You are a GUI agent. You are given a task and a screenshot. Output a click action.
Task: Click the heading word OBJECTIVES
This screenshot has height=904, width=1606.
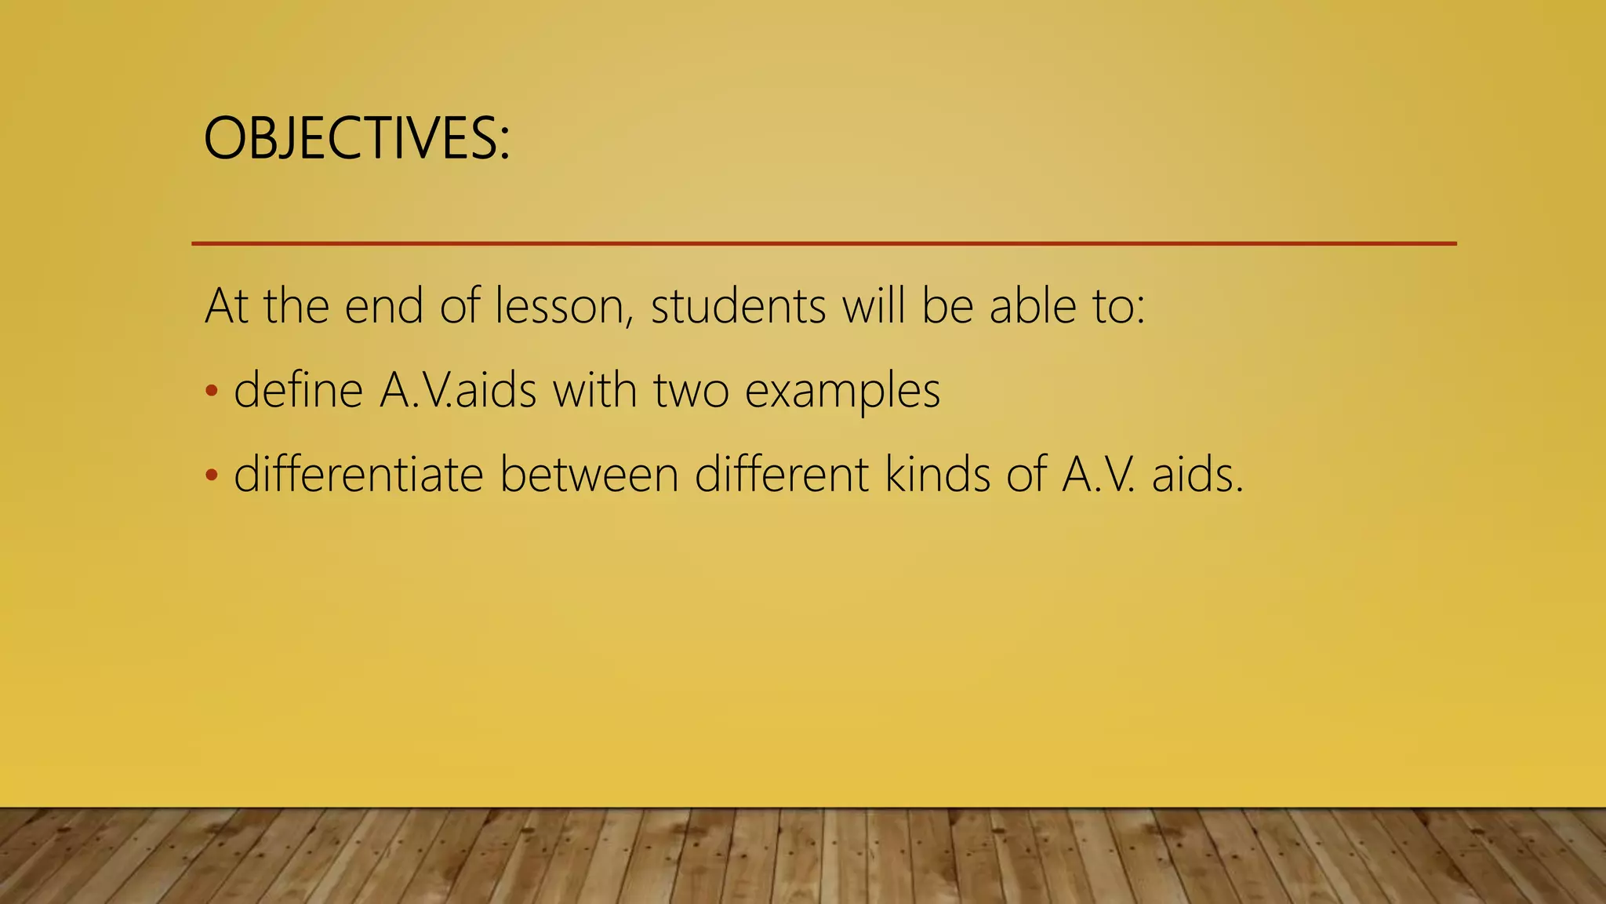tap(356, 139)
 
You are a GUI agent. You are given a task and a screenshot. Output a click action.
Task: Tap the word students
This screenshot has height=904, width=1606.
tap(738, 306)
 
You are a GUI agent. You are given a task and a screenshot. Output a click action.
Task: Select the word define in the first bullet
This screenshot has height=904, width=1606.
tap(299, 390)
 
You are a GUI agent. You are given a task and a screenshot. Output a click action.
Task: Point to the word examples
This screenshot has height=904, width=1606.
tap(842, 392)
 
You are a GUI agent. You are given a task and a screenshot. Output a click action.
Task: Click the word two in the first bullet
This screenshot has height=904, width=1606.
tap(691, 392)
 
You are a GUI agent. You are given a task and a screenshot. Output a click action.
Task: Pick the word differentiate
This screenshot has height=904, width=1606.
tap(358, 475)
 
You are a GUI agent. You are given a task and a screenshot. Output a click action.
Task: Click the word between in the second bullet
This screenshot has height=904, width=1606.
tap(589, 475)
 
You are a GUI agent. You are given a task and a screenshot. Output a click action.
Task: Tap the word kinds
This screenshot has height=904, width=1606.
tap(938, 475)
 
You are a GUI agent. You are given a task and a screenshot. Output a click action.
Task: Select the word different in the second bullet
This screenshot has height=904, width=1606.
tap(781, 475)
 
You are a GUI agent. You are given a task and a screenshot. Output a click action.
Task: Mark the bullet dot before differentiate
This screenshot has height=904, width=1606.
tap(210, 476)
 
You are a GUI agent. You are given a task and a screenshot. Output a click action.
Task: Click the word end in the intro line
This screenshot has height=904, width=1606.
tap(383, 306)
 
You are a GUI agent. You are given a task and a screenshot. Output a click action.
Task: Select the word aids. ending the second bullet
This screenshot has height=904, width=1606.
tap(1197, 475)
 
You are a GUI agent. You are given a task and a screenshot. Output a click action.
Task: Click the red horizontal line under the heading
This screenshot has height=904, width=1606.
tap(823, 244)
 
